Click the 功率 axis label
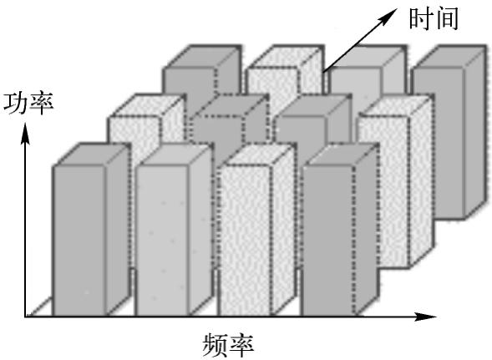tap(28, 104)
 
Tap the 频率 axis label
tap(228, 345)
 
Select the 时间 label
tap(434, 18)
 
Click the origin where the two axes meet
tap(25, 317)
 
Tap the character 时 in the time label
tap(421, 18)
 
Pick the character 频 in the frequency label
tap(216, 345)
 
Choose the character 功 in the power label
tap(16, 104)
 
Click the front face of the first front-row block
tap(79, 240)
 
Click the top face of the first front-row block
tap(92, 154)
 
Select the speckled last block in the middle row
tap(396, 180)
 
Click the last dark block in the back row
tap(450, 132)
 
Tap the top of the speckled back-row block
tap(285, 56)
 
